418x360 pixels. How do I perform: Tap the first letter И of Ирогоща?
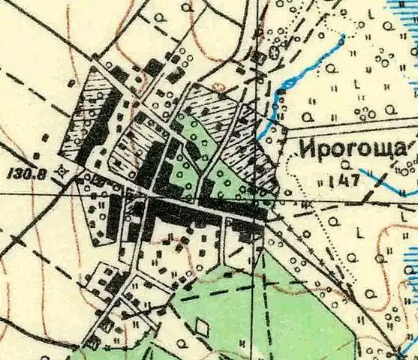click(x=306, y=149)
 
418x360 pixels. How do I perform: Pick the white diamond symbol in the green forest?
click(x=202, y=327)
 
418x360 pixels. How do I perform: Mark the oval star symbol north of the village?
click(x=274, y=53)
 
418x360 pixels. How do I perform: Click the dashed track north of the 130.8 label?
click(x=30, y=90)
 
